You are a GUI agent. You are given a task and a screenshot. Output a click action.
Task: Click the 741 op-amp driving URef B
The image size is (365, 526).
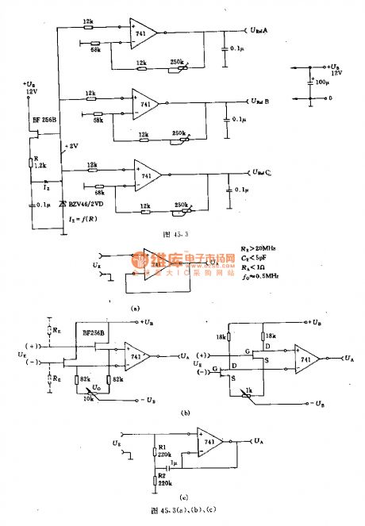pyautogui.click(x=145, y=104)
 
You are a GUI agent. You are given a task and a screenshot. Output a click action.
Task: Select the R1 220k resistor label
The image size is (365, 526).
pyautogui.click(x=164, y=451)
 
